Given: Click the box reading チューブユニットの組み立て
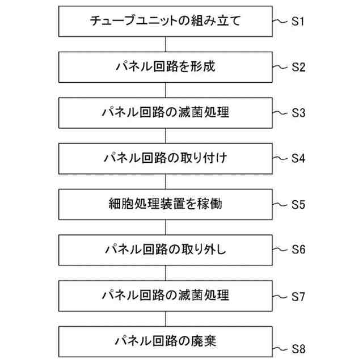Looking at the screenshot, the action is click(165, 22).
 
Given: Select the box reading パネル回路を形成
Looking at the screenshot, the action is click(165, 67).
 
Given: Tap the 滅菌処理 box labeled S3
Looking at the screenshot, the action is click(165, 112).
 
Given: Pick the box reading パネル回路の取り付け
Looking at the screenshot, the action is click(165, 158).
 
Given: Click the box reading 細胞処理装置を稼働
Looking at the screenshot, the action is click(165, 204).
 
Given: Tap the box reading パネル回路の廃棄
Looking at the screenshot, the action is click(165, 341).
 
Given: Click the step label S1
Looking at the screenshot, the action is click(299, 22).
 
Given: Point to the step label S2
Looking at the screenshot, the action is click(299, 67).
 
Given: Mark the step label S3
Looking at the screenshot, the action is click(299, 112).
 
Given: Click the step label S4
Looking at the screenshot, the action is click(299, 158).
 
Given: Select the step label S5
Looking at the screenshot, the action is click(299, 204).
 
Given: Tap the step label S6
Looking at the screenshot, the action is click(299, 250).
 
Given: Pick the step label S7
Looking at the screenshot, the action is click(299, 296).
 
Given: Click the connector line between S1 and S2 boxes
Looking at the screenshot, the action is click(165, 45).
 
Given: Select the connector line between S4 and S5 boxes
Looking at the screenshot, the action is click(165, 181).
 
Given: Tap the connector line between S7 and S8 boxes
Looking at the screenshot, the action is click(165, 318).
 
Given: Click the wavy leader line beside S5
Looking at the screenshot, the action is click(281, 202).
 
